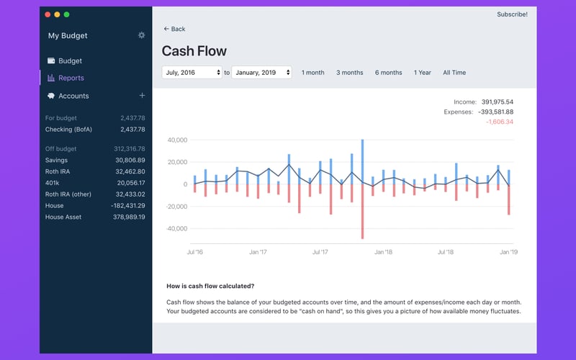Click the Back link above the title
[174, 29]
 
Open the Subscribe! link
[512, 14]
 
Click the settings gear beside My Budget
[141, 35]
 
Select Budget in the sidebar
[70, 61]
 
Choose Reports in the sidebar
[71, 78]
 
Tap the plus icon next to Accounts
[142, 96]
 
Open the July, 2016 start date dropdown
[192, 73]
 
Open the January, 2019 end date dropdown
[261, 73]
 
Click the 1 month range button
[312, 73]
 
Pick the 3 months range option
[349, 73]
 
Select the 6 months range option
[388, 73]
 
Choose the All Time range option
[454, 73]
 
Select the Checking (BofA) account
[68, 130]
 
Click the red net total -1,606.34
[499, 122]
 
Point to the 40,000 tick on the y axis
[177, 140]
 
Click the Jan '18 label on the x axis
[383, 253]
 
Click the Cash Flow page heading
[194, 51]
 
